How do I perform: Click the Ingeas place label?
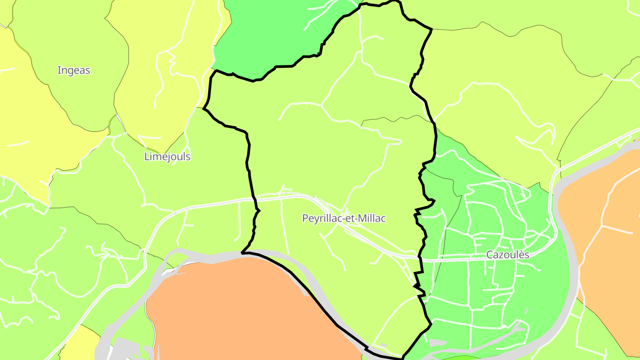click(74, 70)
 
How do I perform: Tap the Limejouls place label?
click(168, 157)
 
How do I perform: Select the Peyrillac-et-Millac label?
click(344, 218)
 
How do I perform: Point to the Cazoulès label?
click(508, 255)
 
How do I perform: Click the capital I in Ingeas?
click(59, 70)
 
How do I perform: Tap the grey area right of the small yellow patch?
click(109, 342)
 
